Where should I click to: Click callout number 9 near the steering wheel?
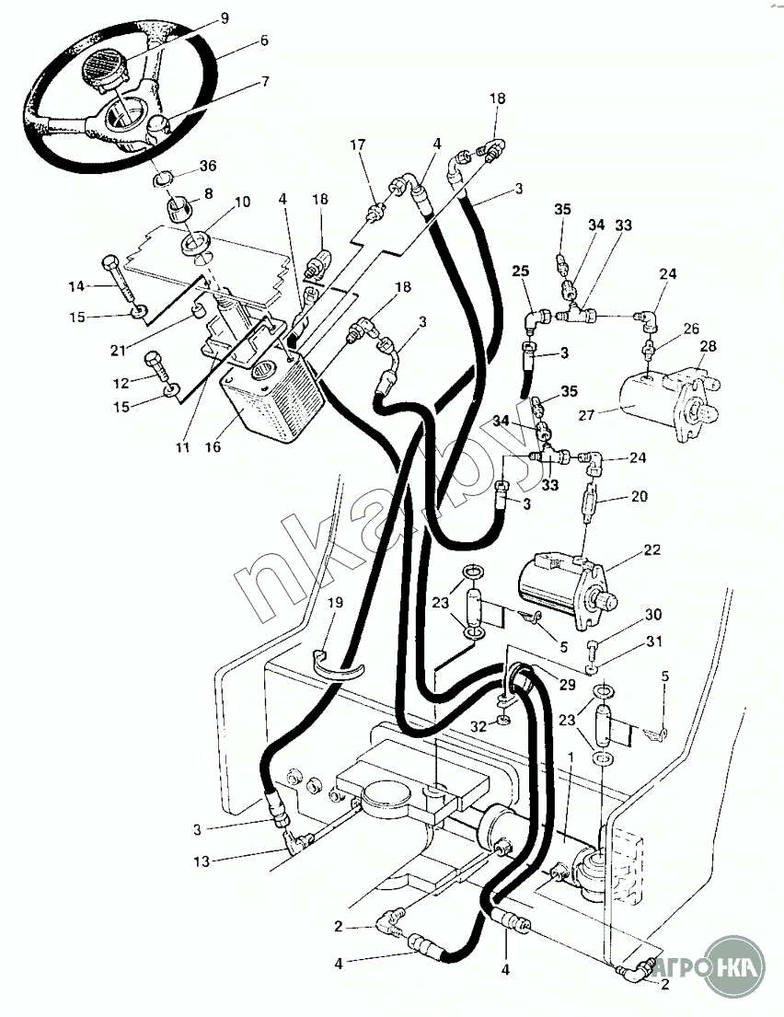point(225,18)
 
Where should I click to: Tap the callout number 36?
point(208,166)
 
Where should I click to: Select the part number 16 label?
point(213,447)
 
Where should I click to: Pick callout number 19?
point(336,603)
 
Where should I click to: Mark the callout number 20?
point(640,496)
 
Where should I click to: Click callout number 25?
point(521,272)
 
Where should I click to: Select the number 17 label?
point(357,144)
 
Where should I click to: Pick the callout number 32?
point(479,726)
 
